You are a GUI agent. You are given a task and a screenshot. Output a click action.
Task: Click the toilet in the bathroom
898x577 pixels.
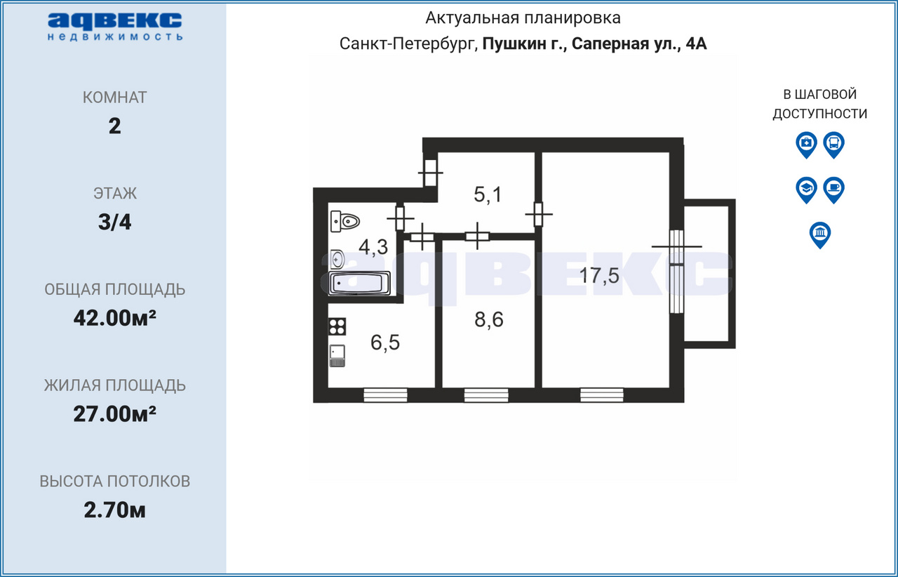[344, 221]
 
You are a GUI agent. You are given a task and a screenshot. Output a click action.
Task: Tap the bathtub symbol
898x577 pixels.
[359, 284]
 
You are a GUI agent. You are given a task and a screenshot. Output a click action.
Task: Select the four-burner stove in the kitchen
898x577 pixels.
[337, 326]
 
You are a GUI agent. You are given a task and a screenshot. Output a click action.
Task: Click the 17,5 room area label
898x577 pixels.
[599, 276]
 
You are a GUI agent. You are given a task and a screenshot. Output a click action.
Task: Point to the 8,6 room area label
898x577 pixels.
[489, 320]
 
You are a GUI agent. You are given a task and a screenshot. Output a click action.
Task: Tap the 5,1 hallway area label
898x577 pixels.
[488, 194]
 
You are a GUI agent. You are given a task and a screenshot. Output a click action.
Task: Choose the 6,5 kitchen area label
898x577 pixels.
[385, 343]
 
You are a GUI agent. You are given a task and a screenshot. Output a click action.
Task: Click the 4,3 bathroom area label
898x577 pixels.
[373, 247]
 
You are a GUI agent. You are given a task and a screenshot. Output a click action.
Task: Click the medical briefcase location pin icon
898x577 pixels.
[806, 145]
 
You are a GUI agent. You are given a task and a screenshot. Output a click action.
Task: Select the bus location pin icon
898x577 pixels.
[834, 145]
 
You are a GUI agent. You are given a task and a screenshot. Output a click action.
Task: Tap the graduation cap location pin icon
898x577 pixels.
[806, 190]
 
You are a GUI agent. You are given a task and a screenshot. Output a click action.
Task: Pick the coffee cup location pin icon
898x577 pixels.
[834, 190]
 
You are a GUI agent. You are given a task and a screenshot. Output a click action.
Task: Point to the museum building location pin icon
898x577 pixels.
[820, 234]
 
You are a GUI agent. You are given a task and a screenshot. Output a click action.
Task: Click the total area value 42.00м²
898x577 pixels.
[114, 318]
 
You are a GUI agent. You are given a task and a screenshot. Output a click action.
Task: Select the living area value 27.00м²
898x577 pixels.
[114, 414]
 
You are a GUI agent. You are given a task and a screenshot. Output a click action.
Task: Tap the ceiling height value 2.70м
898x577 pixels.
[114, 510]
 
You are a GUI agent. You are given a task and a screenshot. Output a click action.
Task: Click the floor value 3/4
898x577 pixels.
[114, 222]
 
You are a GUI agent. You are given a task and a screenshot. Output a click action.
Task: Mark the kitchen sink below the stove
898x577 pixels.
[337, 355]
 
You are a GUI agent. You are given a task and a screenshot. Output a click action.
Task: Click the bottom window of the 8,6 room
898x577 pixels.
[486, 395]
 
